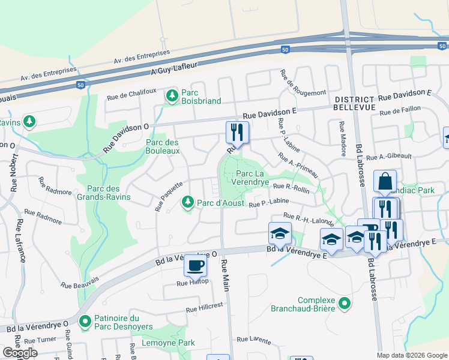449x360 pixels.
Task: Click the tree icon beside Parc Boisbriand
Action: click(x=172, y=95)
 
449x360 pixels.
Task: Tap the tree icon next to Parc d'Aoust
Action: click(x=188, y=202)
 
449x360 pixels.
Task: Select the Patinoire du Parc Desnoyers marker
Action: click(x=84, y=322)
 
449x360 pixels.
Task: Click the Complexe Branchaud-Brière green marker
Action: click(x=344, y=304)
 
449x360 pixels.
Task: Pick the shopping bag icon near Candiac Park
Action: click(x=384, y=181)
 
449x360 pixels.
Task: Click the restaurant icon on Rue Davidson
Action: click(x=237, y=131)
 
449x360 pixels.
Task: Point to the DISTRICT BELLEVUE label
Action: click(x=355, y=103)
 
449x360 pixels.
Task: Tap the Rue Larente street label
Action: click(x=255, y=340)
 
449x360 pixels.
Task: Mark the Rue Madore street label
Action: click(x=342, y=140)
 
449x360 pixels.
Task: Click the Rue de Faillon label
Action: click(x=399, y=112)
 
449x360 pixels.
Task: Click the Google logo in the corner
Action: click(x=20, y=353)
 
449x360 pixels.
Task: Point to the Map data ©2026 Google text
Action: click(x=411, y=355)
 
